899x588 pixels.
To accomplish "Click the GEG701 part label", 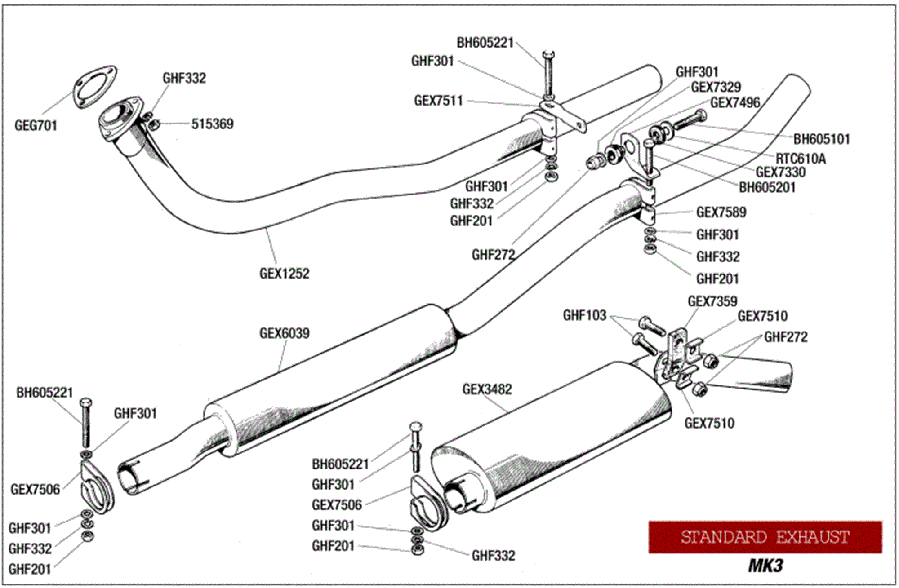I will [36, 125].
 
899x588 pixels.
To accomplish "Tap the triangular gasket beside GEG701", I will [95, 88].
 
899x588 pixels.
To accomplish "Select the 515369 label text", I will [212, 124].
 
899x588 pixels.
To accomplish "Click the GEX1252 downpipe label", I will [284, 273].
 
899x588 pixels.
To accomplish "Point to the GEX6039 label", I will [284, 333].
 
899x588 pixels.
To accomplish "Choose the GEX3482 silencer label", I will [487, 389].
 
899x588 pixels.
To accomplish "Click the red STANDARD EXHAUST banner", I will [765, 537].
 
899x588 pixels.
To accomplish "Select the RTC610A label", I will [801, 159].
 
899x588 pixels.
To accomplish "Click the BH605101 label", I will [821, 139].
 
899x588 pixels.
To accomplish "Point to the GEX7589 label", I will [721, 212].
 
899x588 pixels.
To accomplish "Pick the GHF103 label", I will [584, 315].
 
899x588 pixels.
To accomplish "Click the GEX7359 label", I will [712, 301].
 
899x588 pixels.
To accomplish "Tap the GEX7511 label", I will [438, 101].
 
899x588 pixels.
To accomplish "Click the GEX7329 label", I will [716, 87].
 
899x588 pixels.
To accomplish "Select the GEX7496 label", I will [735, 102].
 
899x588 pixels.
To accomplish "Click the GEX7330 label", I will [780, 172].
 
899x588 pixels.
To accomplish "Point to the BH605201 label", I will [767, 187].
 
